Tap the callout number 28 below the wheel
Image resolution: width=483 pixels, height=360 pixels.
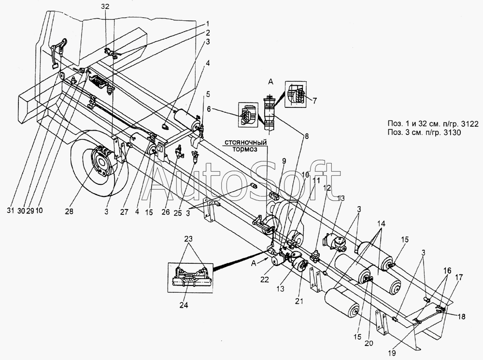[69, 212]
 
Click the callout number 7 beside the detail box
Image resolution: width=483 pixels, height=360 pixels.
[314, 100]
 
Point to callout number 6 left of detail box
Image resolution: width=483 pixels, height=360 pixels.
[209, 109]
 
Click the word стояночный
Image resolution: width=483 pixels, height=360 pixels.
[245, 143]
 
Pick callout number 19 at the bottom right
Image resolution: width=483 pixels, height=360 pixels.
[392, 354]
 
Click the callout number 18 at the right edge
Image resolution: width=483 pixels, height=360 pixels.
[461, 316]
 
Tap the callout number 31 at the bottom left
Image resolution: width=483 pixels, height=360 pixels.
[11, 210]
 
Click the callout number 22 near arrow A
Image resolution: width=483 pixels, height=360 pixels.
[264, 280]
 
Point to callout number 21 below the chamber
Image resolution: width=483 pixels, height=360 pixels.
[299, 301]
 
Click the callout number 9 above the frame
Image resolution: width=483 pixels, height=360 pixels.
[284, 161]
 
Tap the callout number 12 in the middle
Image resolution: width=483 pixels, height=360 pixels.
[327, 188]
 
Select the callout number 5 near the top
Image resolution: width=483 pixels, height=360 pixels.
[208, 93]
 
